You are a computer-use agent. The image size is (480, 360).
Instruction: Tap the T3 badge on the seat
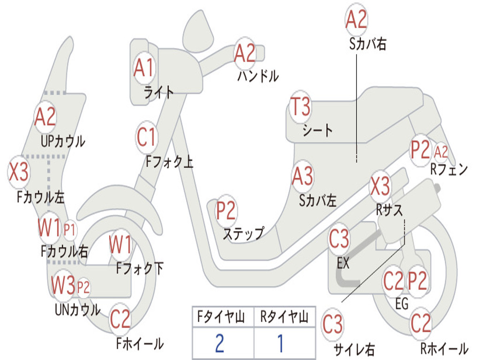[x=300, y=107]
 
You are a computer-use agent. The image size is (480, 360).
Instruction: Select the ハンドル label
[x=258, y=75]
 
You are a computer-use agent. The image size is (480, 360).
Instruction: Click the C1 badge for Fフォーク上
[x=147, y=138]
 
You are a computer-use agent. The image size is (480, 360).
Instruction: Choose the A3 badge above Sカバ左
[x=302, y=177]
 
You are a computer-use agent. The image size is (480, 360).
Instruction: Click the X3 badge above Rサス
[x=380, y=186]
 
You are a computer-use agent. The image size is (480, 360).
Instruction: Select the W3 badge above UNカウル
[x=63, y=285]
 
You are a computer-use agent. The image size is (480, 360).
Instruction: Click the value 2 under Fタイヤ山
[x=219, y=343]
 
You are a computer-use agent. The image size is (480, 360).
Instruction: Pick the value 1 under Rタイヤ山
[x=280, y=343]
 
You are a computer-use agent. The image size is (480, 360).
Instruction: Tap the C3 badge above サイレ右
[x=332, y=324]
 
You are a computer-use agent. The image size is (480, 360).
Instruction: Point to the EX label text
[x=343, y=263]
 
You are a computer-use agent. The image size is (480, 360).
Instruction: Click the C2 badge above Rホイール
[x=420, y=323]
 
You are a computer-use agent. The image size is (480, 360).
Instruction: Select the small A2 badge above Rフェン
[x=441, y=152]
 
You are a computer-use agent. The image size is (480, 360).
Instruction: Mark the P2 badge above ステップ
[x=226, y=211]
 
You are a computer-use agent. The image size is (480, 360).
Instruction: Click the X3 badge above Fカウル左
[x=19, y=172]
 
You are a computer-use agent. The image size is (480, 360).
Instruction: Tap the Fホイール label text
[x=140, y=344]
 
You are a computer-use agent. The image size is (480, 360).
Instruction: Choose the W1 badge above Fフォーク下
[x=120, y=245]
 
